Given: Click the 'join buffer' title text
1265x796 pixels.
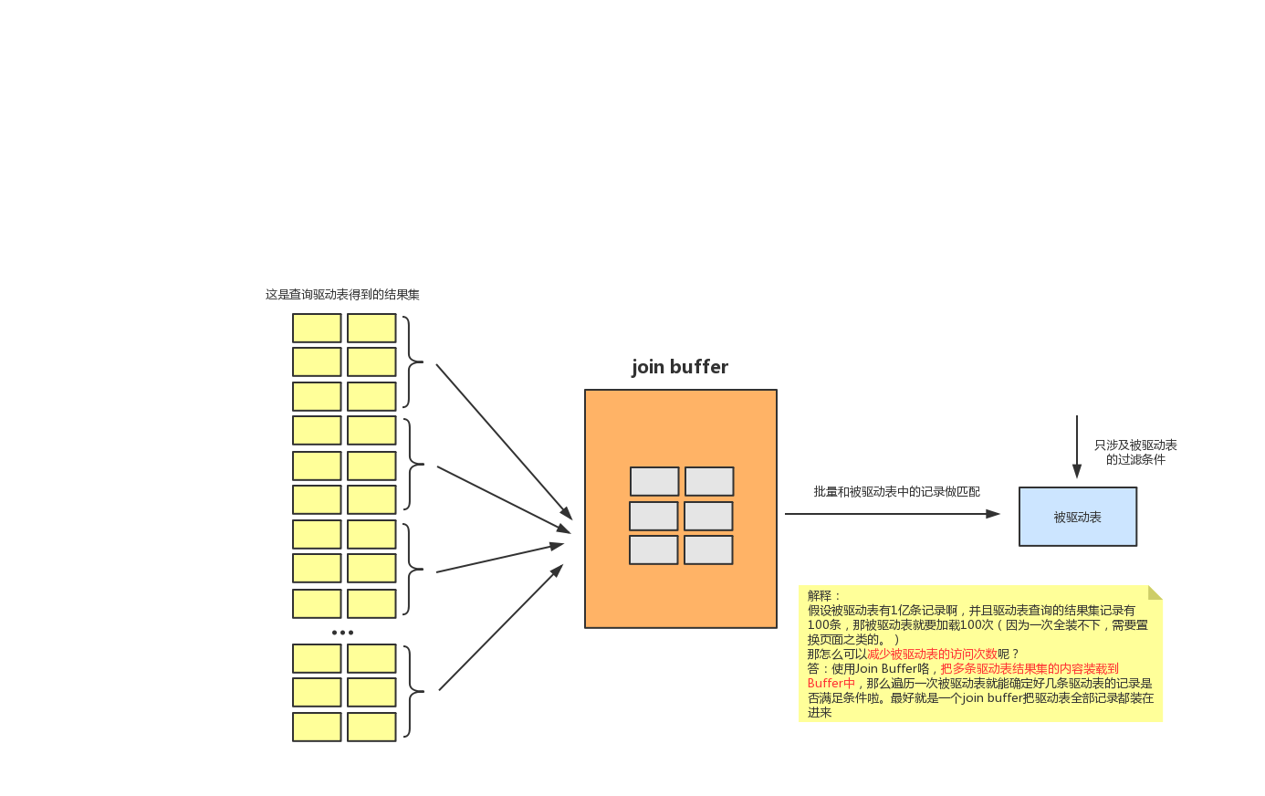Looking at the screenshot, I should (680, 367).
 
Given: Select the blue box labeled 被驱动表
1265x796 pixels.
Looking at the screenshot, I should (1077, 517).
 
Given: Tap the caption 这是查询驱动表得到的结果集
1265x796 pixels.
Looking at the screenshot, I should (342, 295).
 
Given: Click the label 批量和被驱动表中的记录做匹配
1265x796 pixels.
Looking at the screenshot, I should (896, 492).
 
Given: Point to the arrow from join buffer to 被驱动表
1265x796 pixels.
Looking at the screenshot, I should (892, 514).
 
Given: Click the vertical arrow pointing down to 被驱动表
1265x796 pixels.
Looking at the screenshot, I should (1076, 446).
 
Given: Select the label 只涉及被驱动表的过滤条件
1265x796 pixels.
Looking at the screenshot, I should (1135, 452).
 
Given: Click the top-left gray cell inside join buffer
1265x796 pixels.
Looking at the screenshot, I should (654, 481).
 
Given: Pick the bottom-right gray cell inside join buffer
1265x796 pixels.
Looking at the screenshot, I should (708, 550).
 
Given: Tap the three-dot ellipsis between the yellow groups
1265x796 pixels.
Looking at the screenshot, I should (342, 633).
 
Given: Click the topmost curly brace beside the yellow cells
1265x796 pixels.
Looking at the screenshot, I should (413, 362).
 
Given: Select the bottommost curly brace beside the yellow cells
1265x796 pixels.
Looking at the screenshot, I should (413, 691).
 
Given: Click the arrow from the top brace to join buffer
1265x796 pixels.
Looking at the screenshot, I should (503, 441).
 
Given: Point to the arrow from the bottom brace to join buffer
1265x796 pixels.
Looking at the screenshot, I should (500, 628).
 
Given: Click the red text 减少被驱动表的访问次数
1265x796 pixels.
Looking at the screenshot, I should (931, 655).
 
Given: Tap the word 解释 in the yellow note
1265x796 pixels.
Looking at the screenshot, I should (820, 596).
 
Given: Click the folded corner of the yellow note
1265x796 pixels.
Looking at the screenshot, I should (1155, 592).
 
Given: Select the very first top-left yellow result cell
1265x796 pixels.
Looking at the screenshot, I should (317, 328).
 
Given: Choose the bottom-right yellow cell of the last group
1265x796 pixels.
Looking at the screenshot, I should (371, 727).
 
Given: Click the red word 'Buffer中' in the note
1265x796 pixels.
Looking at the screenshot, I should (831, 684).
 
